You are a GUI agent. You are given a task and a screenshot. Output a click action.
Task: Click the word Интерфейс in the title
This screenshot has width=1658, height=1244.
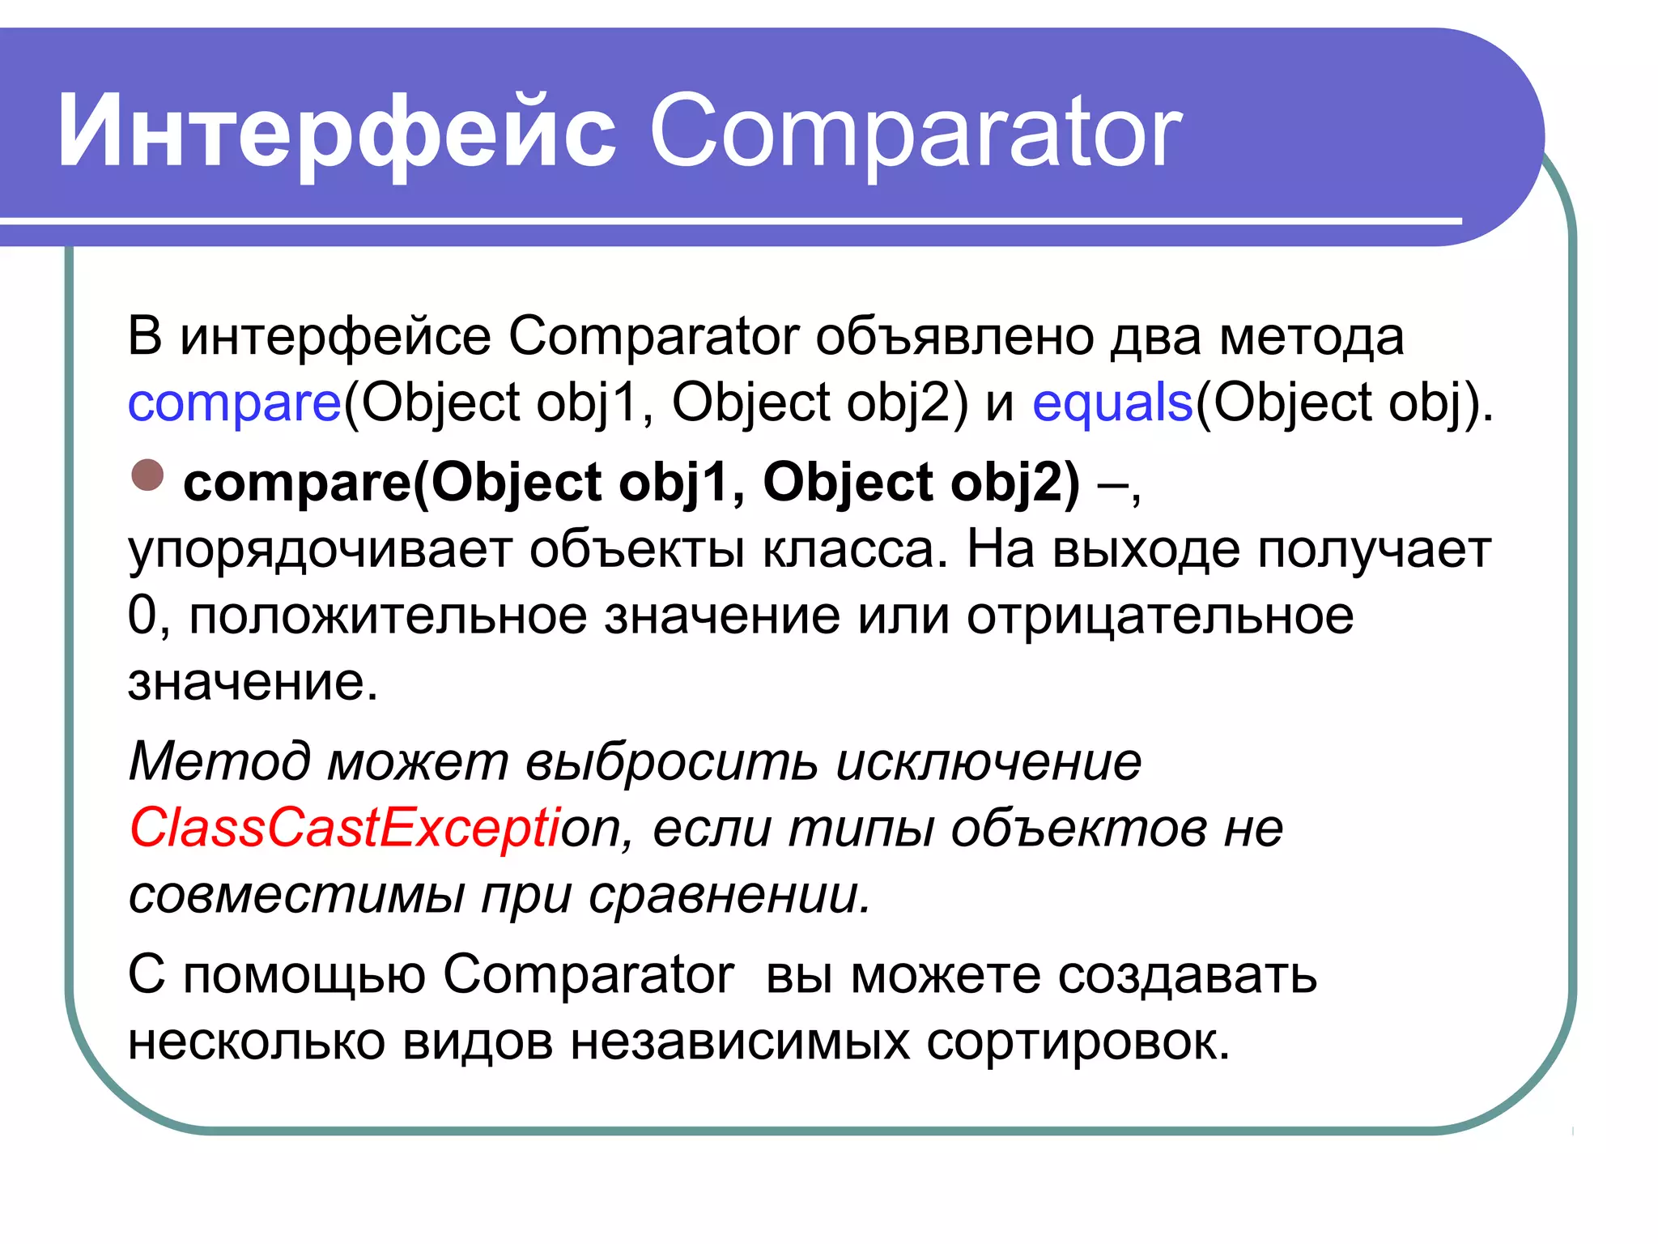click(x=336, y=132)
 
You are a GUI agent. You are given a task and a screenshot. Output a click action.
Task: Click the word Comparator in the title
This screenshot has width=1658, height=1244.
click(x=916, y=132)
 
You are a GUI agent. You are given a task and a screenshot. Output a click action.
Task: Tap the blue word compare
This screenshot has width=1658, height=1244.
click(x=235, y=403)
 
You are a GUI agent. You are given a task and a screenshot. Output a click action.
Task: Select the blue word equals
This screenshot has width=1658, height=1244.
click(x=1112, y=403)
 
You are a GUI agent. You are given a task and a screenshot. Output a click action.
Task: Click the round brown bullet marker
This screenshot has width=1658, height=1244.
click(x=147, y=475)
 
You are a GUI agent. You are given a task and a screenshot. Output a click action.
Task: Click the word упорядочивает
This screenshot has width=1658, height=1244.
click(x=320, y=551)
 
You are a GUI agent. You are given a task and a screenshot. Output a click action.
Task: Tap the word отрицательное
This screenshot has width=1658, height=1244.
click(x=1159, y=616)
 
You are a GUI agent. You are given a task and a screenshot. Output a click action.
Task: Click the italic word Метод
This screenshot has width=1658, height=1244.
click(x=219, y=761)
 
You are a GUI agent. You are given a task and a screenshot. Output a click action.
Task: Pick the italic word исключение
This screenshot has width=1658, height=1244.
click(x=988, y=761)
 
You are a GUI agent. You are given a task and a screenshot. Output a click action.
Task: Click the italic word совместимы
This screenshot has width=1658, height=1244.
click(x=296, y=895)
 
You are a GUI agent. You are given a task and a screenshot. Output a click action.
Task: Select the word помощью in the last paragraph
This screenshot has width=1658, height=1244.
click(x=304, y=975)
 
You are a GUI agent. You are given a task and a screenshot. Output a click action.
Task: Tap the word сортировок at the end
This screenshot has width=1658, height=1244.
click(x=1077, y=1042)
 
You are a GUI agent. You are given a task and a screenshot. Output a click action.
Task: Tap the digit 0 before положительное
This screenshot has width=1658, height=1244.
click(x=142, y=616)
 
